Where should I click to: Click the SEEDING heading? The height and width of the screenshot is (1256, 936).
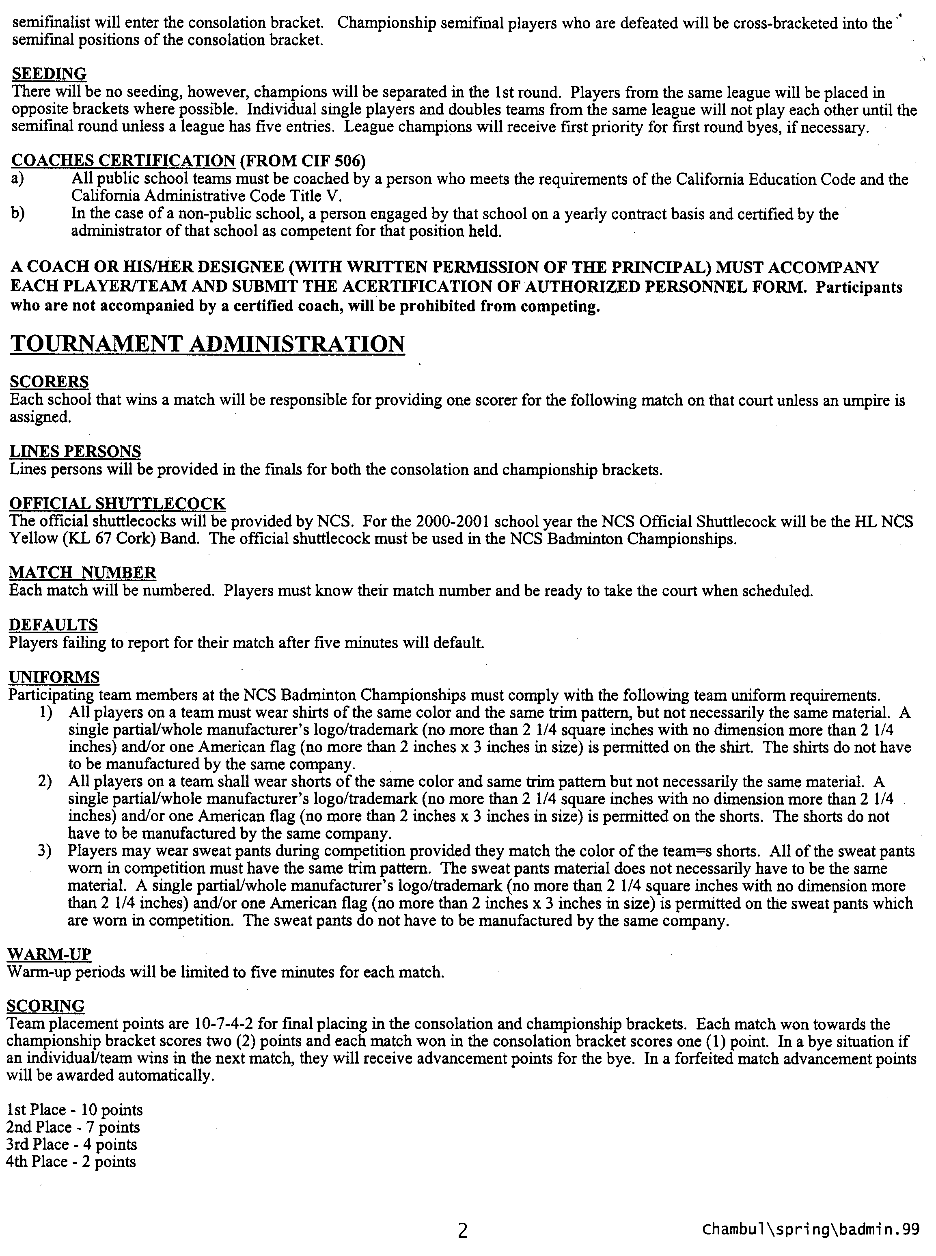[x=49, y=73]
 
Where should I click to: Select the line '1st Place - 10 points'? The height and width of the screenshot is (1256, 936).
[x=74, y=1110]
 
